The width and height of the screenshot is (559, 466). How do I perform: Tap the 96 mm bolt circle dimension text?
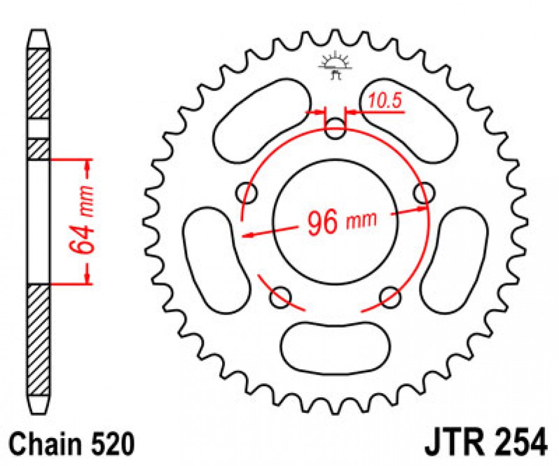click(341, 222)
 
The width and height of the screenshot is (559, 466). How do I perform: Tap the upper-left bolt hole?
click(247, 193)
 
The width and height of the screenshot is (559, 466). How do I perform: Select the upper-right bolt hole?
click(425, 193)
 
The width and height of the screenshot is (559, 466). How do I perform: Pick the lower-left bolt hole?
click(280, 297)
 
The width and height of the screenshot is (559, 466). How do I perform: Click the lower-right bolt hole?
click(390, 297)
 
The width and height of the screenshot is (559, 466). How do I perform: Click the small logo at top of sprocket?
click(335, 66)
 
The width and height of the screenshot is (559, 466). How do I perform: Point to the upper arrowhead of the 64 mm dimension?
click(87, 165)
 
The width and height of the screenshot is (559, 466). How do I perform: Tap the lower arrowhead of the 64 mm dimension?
click(87, 277)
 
